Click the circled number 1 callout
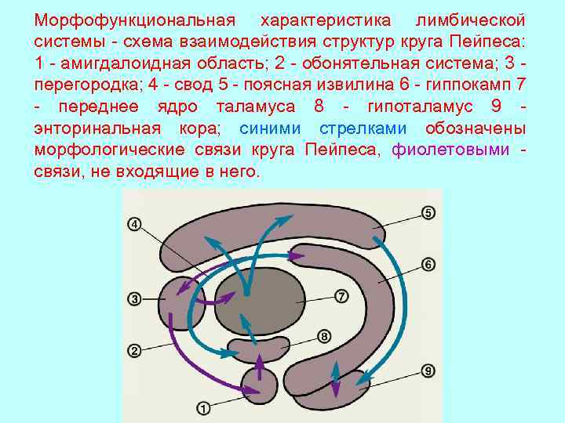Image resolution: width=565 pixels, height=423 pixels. pyautogui.click(x=202, y=407)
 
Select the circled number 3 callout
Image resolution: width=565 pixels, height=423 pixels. pyautogui.click(x=134, y=298)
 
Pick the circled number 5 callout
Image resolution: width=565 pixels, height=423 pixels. pyautogui.click(x=428, y=212)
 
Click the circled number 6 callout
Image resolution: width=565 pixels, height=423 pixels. pyautogui.click(x=428, y=264)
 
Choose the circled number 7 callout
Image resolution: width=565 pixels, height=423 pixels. pyautogui.click(x=341, y=296)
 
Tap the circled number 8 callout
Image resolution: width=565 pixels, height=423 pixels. pyautogui.click(x=324, y=336)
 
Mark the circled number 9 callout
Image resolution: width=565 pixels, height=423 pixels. pyautogui.click(x=428, y=370)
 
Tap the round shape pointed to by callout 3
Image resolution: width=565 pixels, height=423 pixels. pyautogui.click(x=182, y=302)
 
